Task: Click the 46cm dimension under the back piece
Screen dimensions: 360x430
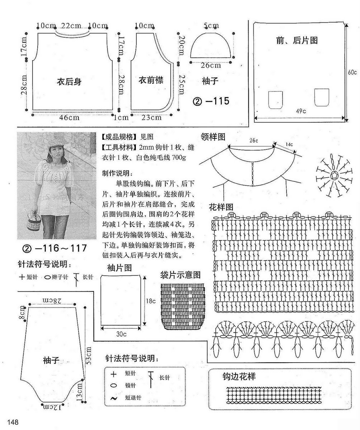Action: click(x=70, y=117)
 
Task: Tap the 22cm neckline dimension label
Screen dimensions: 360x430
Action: click(x=71, y=26)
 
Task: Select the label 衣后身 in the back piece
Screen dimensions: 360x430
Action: click(x=69, y=82)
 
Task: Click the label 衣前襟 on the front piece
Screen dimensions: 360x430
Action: click(x=151, y=81)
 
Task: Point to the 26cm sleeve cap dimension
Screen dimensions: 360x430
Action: click(x=210, y=65)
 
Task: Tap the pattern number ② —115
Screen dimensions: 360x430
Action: click(x=211, y=101)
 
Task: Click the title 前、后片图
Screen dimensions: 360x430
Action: click(x=297, y=40)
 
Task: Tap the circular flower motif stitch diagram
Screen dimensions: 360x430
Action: click(x=334, y=175)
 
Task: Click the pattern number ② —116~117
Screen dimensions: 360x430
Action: click(x=55, y=248)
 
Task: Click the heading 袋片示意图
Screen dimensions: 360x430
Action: click(x=180, y=275)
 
